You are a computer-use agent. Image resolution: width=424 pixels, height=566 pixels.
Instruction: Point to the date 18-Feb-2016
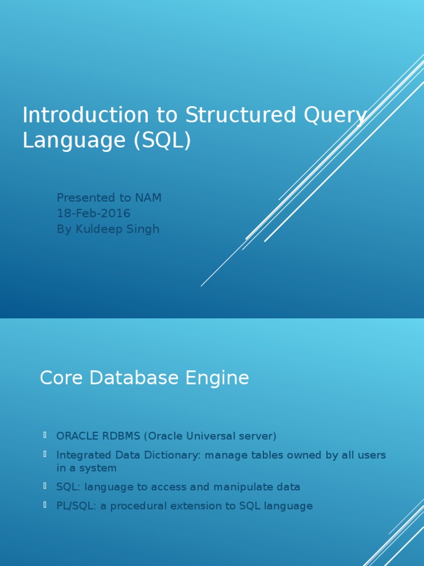(93, 213)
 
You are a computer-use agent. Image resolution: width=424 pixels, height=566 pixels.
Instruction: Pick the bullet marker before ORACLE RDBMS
(44, 436)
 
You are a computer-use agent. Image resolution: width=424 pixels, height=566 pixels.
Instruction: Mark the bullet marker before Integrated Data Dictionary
(44, 454)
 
